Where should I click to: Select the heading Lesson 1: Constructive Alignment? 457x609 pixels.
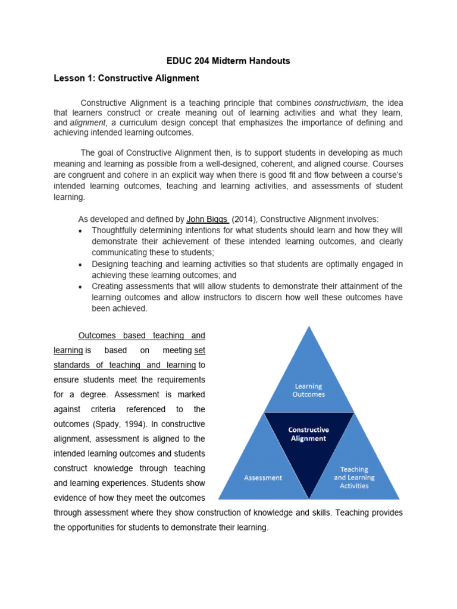pyautogui.click(x=126, y=79)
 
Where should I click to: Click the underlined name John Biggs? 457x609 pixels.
pyautogui.click(x=207, y=219)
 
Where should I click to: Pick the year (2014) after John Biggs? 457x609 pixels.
pyautogui.click(x=244, y=219)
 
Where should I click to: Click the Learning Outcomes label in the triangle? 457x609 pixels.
pyautogui.click(x=309, y=390)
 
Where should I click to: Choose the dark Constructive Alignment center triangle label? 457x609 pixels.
pyautogui.click(x=308, y=434)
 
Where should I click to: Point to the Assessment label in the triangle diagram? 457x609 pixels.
pyautogui.click(x=263, y=478)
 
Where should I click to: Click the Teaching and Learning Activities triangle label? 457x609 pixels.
pyautogui.click(x=355, y=478)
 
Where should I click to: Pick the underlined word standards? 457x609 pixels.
pyautogui.click(x=74, y=365)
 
